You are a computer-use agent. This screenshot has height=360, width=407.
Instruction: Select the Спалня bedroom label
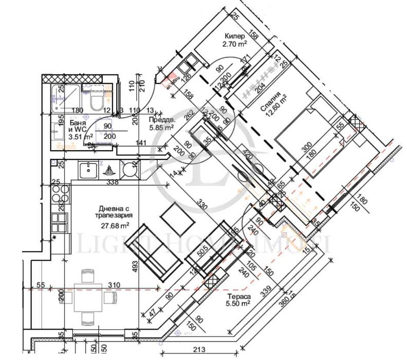[x=270, y=95]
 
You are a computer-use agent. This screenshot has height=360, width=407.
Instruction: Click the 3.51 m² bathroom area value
[x=67, y=136]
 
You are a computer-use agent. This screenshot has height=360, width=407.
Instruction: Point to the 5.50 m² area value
[x=237, y=304]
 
